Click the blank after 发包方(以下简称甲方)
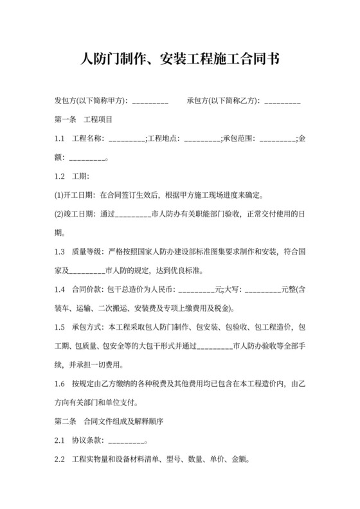(x=150, y=102)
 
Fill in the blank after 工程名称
(x=127, y=139)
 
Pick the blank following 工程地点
(x=202, y=139)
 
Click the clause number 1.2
(x=61, y=176)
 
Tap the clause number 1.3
(x=61, y=251)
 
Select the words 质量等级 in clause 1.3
(x=87, y=251)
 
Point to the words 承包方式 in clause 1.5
(x=87, y=326)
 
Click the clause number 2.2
(x=61, y=460)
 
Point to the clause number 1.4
(x=61, y=289)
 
